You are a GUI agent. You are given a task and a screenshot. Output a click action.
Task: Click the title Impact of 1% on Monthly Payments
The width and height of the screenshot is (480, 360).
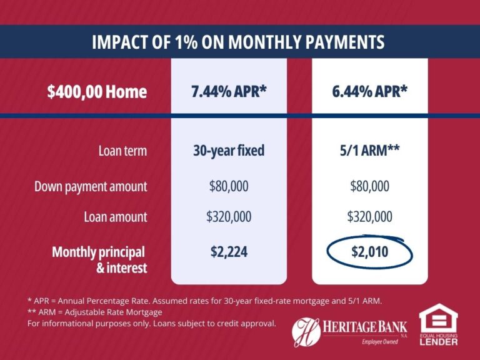(x=237, y=42)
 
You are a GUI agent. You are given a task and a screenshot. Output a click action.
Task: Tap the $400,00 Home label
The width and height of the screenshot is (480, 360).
(x=97, y=92)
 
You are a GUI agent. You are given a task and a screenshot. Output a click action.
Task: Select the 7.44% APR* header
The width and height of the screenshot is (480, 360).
(x=229, y=92)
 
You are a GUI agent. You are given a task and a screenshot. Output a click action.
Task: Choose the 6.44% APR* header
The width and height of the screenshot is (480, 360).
(x=370, y=92)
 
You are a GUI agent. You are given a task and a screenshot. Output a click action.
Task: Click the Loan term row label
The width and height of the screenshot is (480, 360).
(x=122, y=151)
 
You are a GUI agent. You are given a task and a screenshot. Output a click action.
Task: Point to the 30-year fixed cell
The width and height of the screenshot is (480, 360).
(x=229, y=151)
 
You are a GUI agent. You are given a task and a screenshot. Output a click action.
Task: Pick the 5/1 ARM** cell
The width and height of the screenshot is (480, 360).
(x=369, y=151)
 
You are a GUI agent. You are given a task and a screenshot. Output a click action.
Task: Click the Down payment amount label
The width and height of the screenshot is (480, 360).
(x=91, y=186)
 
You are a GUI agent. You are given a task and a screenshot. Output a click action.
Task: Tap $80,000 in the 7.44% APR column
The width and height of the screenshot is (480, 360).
(x=229, y=186)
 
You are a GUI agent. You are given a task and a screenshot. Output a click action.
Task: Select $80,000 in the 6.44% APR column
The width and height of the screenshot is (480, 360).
(x=369, y=186)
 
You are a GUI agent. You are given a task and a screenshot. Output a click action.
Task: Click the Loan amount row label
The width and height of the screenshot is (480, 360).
(x=116, y=217)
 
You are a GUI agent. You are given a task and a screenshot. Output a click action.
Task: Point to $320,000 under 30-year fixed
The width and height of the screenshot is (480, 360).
(x=229, y=217)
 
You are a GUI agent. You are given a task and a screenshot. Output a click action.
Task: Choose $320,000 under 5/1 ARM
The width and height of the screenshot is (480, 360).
(x=369, y=217)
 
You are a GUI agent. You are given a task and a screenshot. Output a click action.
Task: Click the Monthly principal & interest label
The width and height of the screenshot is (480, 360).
(x=99, y=260)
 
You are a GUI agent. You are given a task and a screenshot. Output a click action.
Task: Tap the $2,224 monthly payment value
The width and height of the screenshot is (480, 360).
(x=229, y=252)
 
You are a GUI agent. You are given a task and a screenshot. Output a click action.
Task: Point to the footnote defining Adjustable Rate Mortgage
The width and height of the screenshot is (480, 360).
(x=95, y=312)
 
